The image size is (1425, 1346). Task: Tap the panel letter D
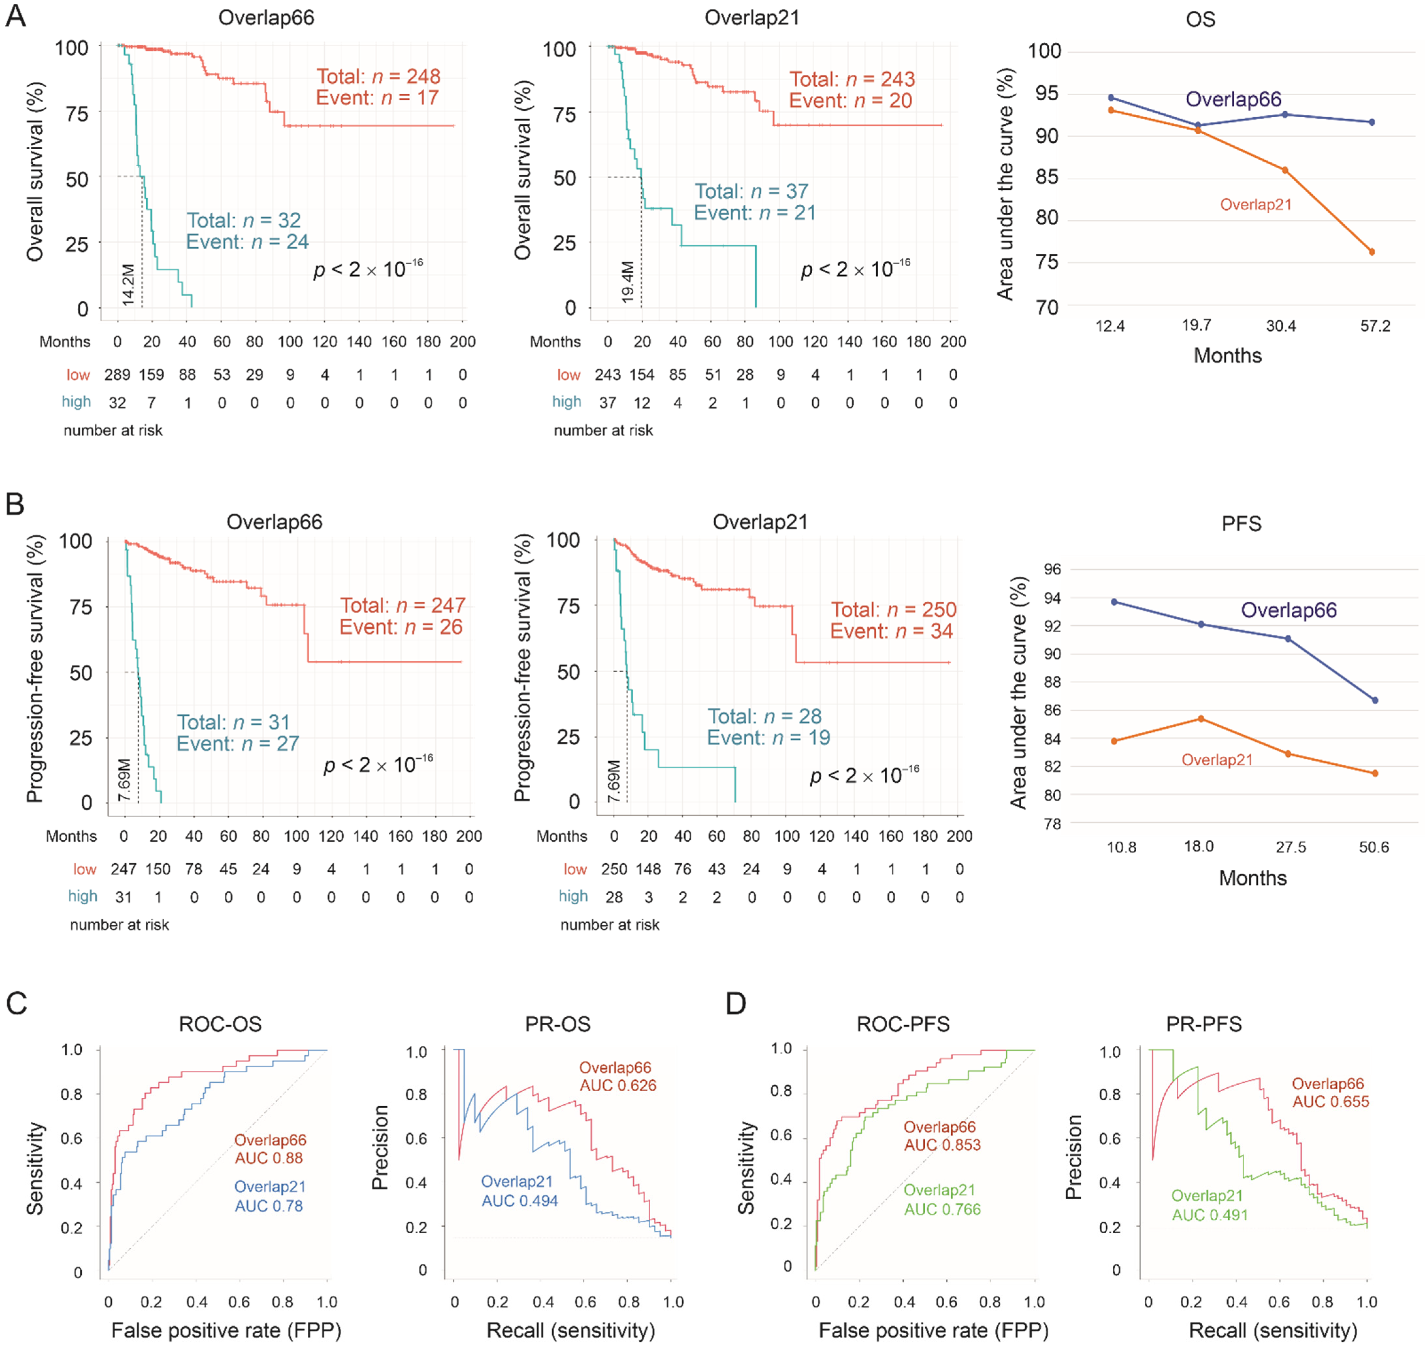(x=736, y=1003)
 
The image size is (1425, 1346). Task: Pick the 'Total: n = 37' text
(x=751, y=192)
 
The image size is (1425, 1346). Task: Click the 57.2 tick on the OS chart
(x=1375, y=326)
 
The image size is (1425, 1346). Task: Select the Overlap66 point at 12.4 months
(x=1111, y=98)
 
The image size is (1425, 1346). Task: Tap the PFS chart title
(x=1241, y=524)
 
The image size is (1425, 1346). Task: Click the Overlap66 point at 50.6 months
(x=1375, y=700)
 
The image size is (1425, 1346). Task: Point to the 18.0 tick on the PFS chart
(x=1199, y=847)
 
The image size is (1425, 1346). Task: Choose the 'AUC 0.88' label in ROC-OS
(x=269, y=1158)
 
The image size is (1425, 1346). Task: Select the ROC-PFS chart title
(x=903, y=1024)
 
